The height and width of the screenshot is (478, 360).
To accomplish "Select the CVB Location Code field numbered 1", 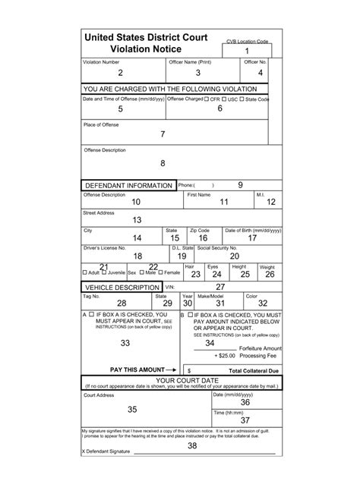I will point(246,50).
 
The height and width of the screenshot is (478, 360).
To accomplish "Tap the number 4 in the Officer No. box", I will point(260,73).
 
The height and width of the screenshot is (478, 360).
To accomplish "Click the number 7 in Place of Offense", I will point(163,134).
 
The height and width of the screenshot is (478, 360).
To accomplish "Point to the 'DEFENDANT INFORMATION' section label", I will point(127,186).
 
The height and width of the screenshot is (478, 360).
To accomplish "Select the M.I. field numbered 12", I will point(270,203).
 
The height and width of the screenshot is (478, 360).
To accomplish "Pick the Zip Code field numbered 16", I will point(203,237).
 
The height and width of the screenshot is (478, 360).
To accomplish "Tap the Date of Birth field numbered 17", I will point(252,237).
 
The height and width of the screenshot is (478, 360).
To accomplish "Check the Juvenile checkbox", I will point(106,272).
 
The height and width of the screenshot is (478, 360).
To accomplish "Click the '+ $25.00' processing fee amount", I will point(225,355).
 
